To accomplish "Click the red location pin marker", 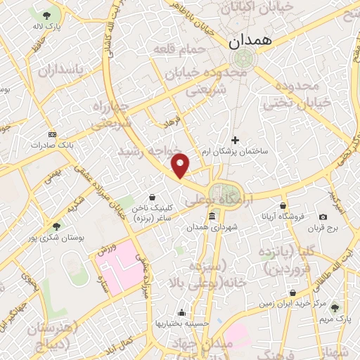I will [x=181, y=165].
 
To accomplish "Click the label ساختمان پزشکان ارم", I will [x=236, y=151].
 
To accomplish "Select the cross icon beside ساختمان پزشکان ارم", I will [x=236, y=140].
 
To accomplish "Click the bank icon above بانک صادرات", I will [x=52, y=134].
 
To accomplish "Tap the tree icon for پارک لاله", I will [x=46, y=15].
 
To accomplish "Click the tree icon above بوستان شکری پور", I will [x=56, y=226].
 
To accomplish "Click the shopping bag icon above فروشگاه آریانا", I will [x=283, y=205].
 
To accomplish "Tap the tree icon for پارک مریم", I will [x=334, y=308].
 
